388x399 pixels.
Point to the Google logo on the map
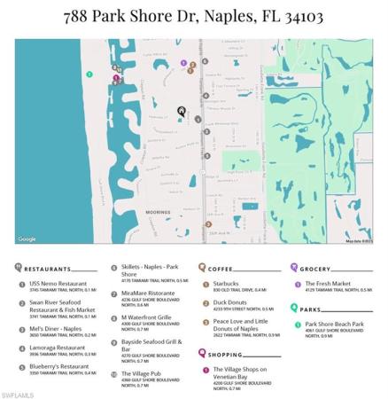(x=27, y=239)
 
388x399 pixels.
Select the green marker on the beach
(x=86, y=73)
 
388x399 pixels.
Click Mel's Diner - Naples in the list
(x=55, y=328)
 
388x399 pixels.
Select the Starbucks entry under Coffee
(x=227, y=284)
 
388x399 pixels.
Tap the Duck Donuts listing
(x=230, y=302)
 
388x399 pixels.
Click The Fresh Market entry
(x=328, y=284)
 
